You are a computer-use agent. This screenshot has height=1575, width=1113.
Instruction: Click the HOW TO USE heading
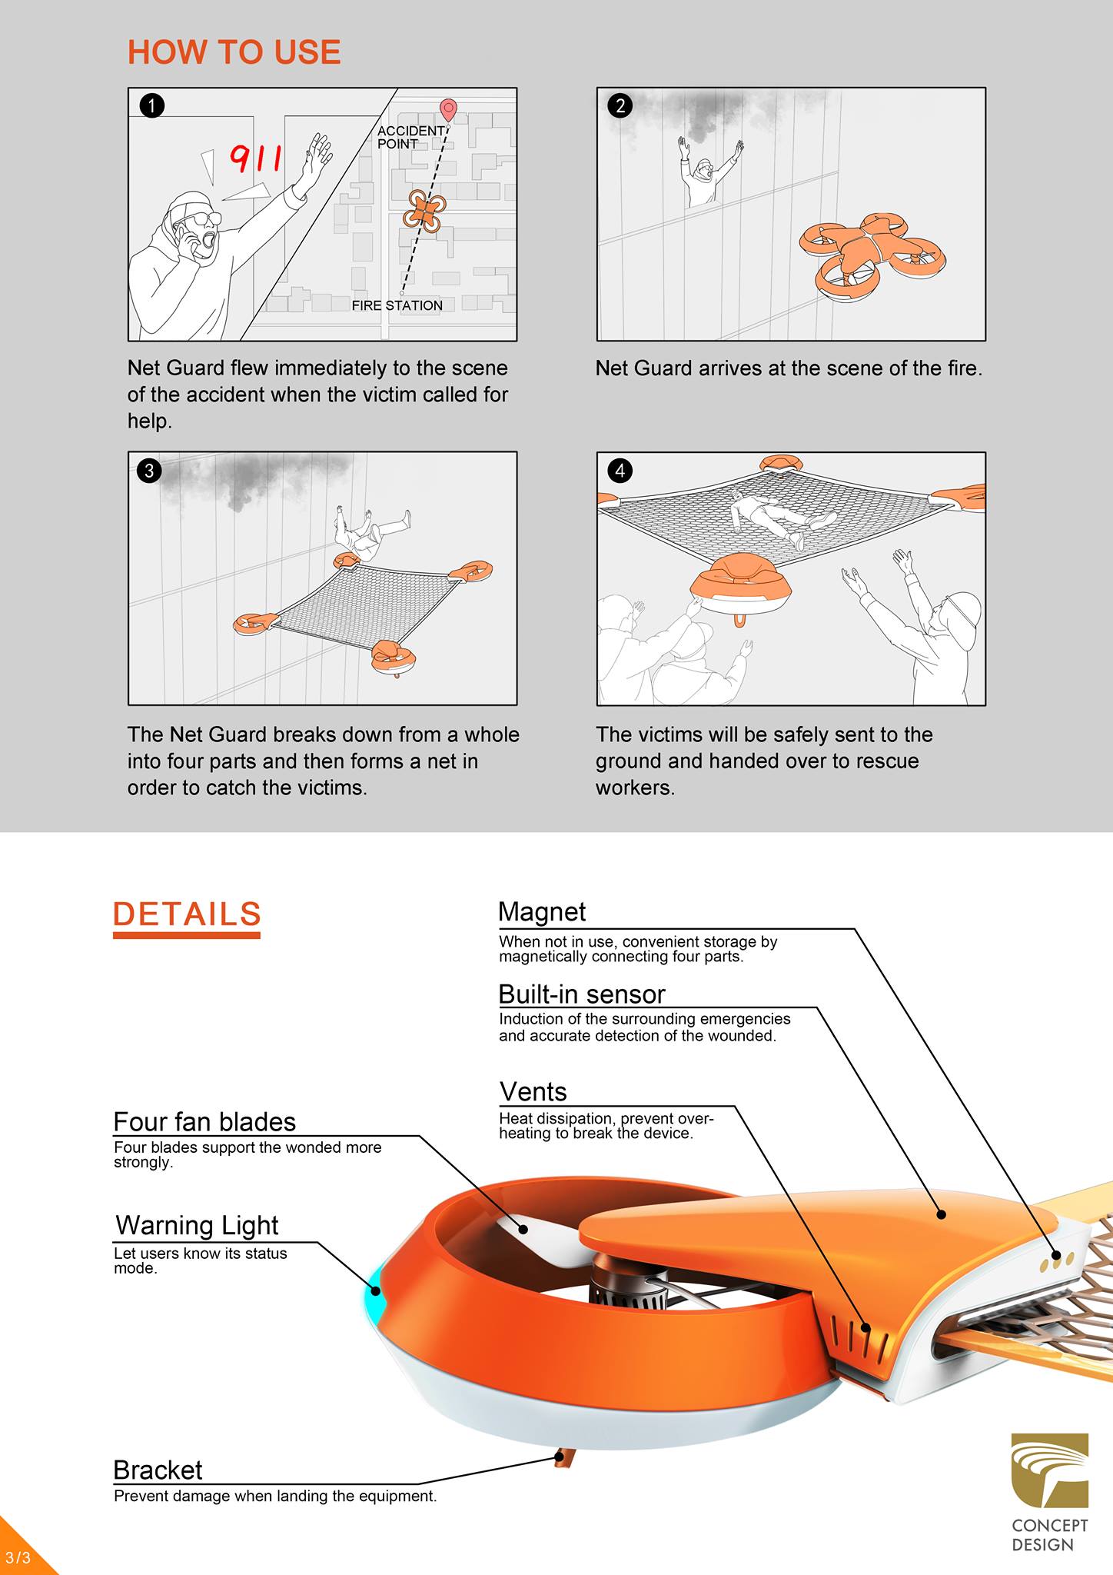pos(234,52)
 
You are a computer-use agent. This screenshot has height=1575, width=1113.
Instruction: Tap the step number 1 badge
pos(152,105)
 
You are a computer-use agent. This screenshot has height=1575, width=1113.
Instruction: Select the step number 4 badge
pos(620,470)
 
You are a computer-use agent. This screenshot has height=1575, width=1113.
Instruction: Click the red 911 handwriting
pos(256,159)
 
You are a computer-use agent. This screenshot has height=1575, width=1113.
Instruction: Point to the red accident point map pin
pos(447,111)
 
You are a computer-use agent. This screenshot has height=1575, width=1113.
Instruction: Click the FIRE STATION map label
pos(397,305)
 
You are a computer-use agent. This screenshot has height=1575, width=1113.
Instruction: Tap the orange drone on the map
pos(424,211)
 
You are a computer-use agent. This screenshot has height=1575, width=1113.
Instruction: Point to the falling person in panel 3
pos(371,531)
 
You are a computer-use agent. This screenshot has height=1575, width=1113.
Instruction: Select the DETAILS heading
pos(187,914)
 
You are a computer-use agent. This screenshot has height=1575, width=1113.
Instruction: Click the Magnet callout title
pos(542,911)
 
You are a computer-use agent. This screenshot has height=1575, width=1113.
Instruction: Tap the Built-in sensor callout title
pos(582,994)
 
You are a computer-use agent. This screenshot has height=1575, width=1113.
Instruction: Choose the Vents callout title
pos(533,1092)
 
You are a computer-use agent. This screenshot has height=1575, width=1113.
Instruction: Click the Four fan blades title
pos(204,1122)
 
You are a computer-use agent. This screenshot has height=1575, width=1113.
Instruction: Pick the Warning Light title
pos(197,1225)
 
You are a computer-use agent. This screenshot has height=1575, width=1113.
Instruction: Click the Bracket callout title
pos(158,1470)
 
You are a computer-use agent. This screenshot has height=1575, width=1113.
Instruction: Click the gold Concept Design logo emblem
pos(1050,1470)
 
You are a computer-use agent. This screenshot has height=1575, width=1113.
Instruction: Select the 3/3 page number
pos(18,1558)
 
